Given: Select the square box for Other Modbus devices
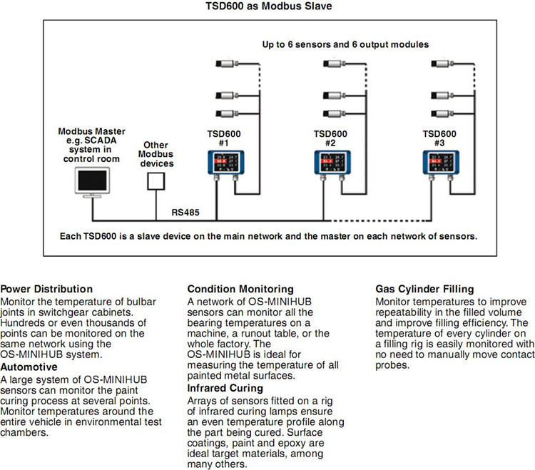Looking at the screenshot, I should click(156, 182).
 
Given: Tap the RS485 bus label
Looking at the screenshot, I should click(185, 212).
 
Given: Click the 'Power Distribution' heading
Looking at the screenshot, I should click(46, 289).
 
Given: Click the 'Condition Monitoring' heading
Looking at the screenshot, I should click(240, 289).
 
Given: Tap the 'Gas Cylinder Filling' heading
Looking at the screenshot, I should click(425, 290).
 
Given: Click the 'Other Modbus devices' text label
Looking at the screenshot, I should click(156, 153).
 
